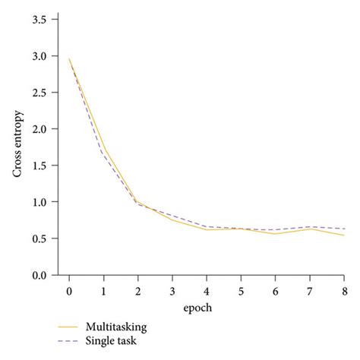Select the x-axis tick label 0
[69, 290]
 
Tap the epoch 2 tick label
[138, 290]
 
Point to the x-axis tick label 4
[207, 290]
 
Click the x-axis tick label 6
[276, 290]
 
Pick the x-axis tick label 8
[345, 290]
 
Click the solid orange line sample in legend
[69, 327]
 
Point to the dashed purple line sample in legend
[69, 340]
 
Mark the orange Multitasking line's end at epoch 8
[344, 235]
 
